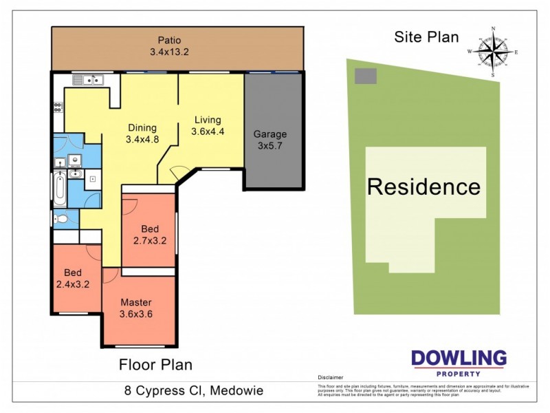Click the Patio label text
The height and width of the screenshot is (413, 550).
tap(168, 40)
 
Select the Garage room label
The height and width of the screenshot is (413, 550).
tap(269, 134)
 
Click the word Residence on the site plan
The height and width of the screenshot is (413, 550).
tap(423, 187)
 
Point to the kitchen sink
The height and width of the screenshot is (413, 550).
tap(89, 80)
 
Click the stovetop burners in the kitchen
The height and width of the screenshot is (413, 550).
tap(57, 107)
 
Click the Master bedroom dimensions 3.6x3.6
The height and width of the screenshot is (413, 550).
tap(136, 314)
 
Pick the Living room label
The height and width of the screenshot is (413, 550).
tap(207, 119)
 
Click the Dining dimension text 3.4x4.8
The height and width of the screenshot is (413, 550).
tap(142, 139)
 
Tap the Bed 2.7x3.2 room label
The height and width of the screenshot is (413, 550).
tap(150, 235)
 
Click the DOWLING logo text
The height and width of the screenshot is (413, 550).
tap(459, 359)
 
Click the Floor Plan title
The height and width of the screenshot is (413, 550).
tap(156, 364)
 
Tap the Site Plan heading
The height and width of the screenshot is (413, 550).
tap(426, 37)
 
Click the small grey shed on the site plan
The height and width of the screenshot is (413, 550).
tap(365, 76)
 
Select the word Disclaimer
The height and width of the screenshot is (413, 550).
tap(330, 378)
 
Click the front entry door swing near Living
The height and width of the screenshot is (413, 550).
tap(178, 174)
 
